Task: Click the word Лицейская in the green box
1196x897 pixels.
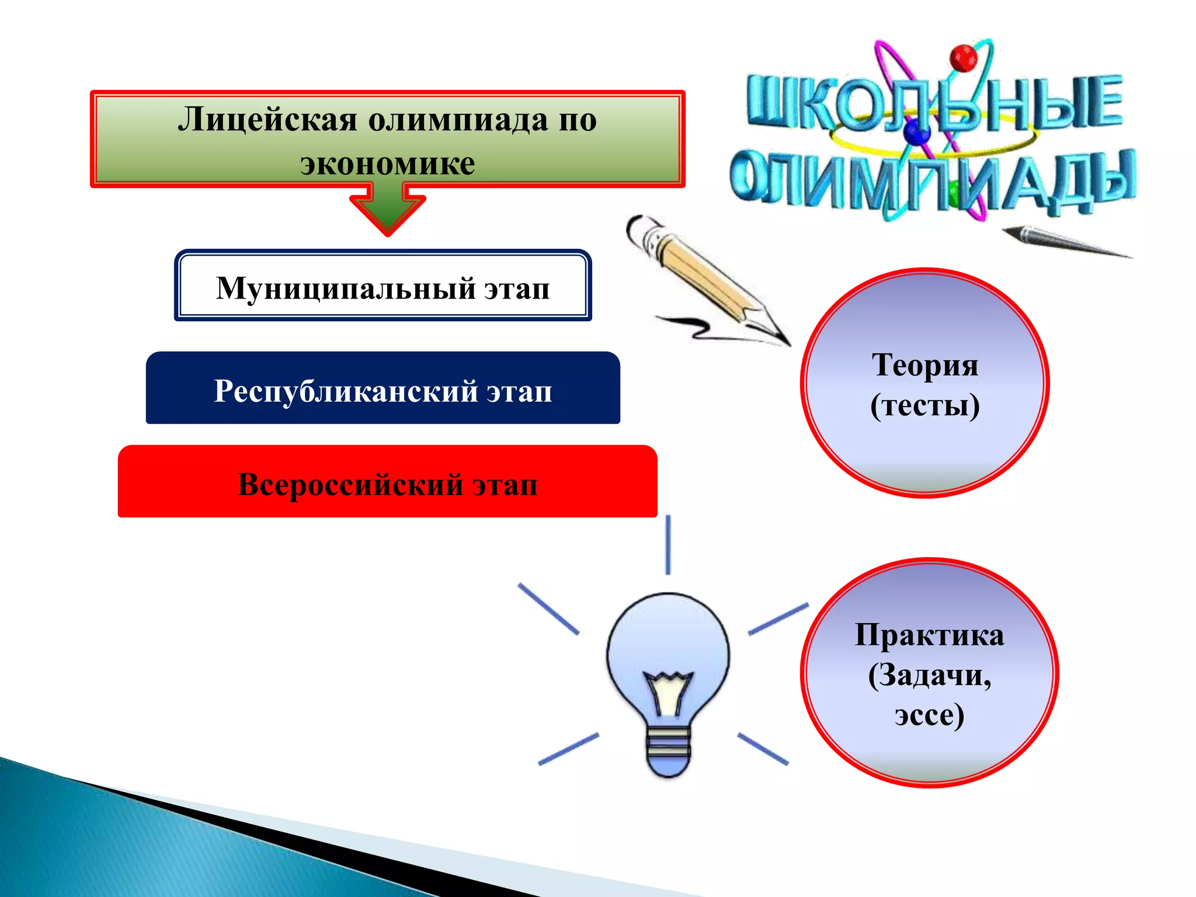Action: coord(267,120)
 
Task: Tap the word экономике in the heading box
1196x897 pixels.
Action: coord(387,164)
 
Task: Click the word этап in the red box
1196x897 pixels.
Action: coord(505,485)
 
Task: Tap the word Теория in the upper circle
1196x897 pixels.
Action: coord(924,365)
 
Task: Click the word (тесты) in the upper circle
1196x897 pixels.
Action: coord(924,405)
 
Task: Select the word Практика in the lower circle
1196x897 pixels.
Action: coord(929,635)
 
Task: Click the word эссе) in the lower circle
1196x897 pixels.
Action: coord(929,714)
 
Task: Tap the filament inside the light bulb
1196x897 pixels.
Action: coord(668,692)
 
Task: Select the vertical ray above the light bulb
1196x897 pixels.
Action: coord(668,544)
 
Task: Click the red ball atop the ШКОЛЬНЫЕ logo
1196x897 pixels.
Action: coord(963,58)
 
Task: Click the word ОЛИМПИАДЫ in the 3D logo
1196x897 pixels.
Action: coord(932,179)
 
